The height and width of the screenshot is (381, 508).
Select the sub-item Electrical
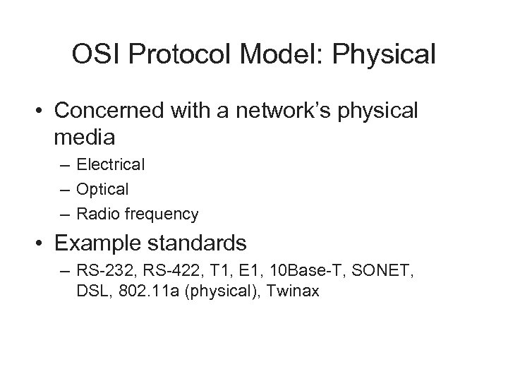111,165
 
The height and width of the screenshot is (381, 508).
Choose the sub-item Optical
103,189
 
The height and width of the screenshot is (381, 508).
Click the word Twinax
296,291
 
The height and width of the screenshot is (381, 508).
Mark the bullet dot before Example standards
41,244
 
